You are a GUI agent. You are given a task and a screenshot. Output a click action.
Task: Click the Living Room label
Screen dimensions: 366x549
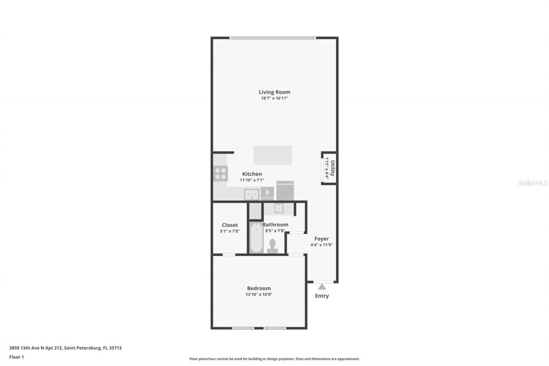coord(274,92)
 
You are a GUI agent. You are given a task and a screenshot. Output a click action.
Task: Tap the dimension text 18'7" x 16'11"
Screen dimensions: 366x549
coord(274,98)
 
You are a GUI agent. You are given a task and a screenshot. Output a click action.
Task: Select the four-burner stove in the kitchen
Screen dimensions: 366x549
coord(220,173)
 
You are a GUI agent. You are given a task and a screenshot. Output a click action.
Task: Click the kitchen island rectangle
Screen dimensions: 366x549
coord(273,155)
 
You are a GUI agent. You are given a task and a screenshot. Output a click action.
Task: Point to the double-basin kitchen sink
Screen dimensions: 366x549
coord(251,194)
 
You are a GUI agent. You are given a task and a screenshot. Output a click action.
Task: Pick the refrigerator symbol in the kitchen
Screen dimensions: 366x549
coord(285,191)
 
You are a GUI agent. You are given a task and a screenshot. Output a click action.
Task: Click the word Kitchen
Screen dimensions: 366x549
coord(252,174)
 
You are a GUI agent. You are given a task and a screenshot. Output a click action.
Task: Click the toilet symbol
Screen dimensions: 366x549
coord(272,246)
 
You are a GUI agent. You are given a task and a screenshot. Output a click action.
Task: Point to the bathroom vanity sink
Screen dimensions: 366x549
coord(278,209)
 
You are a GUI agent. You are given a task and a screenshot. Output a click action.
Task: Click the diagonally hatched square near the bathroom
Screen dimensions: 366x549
coord(255,211)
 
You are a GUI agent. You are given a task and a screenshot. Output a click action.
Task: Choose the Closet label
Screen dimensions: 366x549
coord(229,225)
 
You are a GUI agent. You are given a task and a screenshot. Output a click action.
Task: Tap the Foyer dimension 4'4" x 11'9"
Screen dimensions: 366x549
coord(322,245)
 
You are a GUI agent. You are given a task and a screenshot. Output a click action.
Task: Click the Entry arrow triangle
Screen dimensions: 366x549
coord(322,286)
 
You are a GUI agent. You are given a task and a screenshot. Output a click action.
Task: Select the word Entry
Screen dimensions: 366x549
coord(322,296)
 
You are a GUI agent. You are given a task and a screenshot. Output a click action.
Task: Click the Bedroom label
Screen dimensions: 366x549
coord(259,288)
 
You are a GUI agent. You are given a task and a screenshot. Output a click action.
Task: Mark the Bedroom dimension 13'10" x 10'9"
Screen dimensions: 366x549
coord(259,294)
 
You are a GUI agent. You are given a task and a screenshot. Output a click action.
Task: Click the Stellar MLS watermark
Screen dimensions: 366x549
coord(533,183)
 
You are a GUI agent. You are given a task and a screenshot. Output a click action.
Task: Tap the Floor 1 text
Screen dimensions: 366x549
coord(17,357)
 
